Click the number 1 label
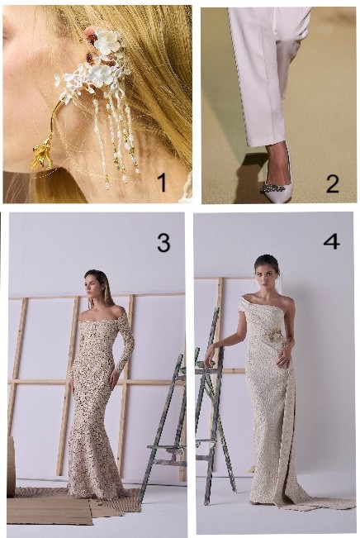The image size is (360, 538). (162, 182)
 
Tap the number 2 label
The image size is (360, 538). (333, 184)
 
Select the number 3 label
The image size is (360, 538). (163, 243)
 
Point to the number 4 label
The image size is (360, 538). (332, 241)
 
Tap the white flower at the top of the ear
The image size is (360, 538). (107, 41)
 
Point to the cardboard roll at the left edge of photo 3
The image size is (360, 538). (11, 467)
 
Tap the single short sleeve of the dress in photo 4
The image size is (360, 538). (244, 307)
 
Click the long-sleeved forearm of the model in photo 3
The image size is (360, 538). (126, 353)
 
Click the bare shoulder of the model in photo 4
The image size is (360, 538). (288, 302)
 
